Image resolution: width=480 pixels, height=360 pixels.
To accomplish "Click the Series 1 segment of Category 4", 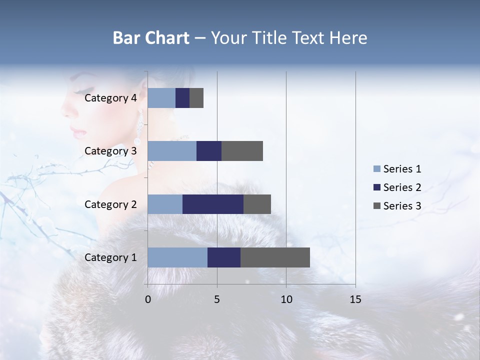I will coord(161,98).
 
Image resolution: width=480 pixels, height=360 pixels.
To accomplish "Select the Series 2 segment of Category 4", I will coord(182,98).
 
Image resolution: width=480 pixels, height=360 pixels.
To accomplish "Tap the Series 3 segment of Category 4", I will coord(196,98).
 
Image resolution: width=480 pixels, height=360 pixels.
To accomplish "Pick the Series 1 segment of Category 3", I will coord(172,151).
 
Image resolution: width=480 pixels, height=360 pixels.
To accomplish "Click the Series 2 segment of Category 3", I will coord(209,151).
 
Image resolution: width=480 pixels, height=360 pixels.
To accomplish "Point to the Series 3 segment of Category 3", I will coord(242,151).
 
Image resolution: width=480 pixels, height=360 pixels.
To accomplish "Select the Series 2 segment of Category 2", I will coord(213,204).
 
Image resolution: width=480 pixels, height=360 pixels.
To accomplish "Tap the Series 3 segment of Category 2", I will coord(257,204).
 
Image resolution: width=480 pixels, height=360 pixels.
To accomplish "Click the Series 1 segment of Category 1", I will coord(177,257).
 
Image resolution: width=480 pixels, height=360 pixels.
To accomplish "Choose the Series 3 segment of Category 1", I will coord(275,257).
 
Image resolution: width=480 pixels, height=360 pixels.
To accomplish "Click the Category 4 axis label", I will coord(110,98).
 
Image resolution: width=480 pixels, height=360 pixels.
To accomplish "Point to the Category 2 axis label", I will coord(110,204).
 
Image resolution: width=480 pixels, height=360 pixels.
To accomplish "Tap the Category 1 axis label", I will coord(110,257).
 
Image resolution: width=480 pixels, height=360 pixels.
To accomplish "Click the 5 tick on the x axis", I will coord(217,299).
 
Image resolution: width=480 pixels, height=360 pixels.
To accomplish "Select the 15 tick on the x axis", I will coord(355,299).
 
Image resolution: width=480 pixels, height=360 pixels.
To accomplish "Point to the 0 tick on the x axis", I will coord(148,299).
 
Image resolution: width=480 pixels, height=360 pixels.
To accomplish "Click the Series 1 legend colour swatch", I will coord(376,169).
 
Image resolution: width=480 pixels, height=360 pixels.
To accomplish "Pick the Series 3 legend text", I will coord(402,205).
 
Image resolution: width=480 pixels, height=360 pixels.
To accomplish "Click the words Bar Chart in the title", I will coord(151,38).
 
